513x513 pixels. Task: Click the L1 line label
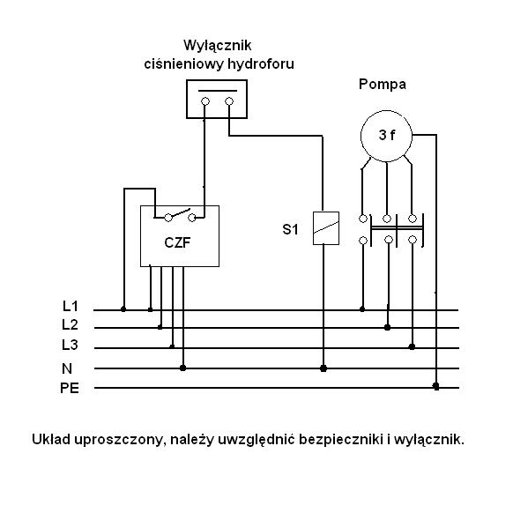[x=71, y=306]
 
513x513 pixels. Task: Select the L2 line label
[x=70, y=325]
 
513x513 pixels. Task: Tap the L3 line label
[x=70, y=345]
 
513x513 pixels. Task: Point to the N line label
[x=67, y=368]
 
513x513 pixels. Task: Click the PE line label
[x=70, y=388]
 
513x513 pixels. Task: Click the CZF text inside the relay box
[x=177, y=242]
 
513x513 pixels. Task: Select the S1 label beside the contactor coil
[x=291, y=229]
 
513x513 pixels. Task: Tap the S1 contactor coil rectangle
[x=326, y=228]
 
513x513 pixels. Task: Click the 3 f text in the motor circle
[x=387, y=135]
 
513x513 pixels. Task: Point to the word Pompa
[x=383, y=85]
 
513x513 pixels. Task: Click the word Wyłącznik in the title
[x=218, y=45]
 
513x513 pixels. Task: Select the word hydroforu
[x=261, y=63]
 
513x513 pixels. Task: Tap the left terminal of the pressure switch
[x=205, y=101]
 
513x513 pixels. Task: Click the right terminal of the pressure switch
[x=229, y=101]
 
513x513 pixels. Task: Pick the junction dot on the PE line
[x=435, y=386]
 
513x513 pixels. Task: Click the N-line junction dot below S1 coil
[x=323, y=368]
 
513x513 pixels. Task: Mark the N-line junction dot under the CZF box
[x=182, y=368]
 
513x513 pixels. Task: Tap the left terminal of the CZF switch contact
[x=168, y=218]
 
